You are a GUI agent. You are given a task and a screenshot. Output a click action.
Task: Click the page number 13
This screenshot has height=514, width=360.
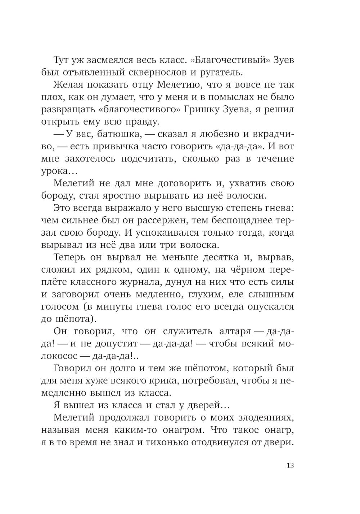point(290,465)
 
